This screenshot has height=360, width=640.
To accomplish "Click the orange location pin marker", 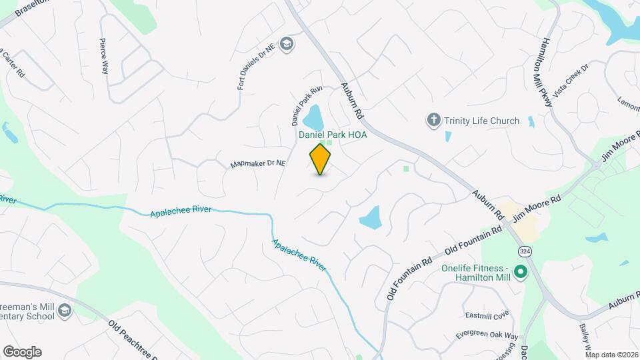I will pyautogui.click(x=321, y=159).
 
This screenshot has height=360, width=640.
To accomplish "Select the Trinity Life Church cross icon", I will pyautogui.click(x=433, y=121).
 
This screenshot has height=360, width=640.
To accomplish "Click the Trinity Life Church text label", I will pyautogui.click(x=481, y=121).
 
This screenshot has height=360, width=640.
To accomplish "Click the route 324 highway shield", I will pyautogui.click(x=524, y=250).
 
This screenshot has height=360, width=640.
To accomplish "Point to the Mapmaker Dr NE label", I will pyautogui.click(x=257, y=163).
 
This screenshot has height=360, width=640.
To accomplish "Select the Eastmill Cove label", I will pyautogui.click(x=487, y=314).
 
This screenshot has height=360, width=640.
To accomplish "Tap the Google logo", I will pyautogui.click(x=22, y=352).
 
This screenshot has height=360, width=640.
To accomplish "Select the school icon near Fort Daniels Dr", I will pyautogui.click(x=287, y=44).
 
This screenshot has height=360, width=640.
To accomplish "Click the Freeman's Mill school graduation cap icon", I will pyautogui.click(x=64, y=311).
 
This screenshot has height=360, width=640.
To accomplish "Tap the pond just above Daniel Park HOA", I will pyautogui.click(x=313, y=118).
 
